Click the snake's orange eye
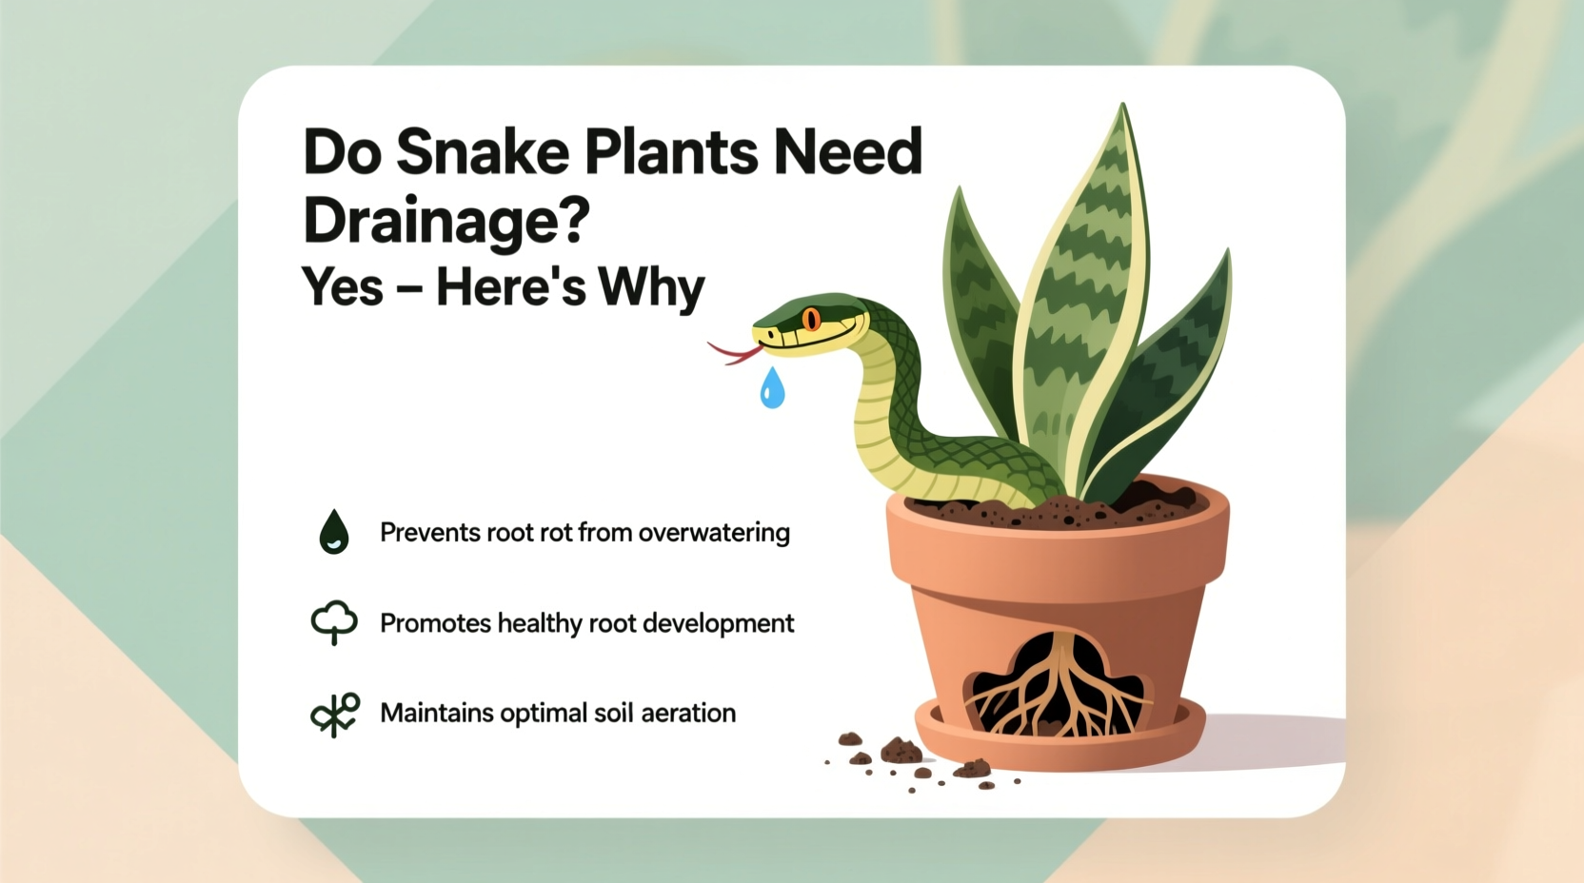point(811,319)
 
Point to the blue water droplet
point(772,389)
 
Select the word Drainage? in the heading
point(446,221)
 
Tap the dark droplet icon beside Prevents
point(333,532)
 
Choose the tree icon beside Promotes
point(334,622)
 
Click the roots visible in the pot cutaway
point(1054,690)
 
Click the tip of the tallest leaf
point(1124,107)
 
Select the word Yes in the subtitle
point(342,286)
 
